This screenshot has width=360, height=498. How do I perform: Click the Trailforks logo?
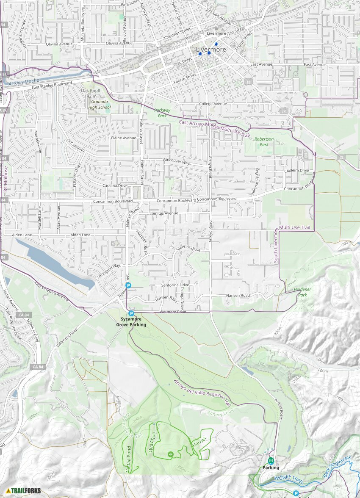click(23, 491)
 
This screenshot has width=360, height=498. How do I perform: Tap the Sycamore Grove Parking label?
click(131, 322)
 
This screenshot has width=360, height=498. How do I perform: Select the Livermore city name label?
click(211, 50)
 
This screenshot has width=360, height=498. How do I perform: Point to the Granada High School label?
click(99, 105)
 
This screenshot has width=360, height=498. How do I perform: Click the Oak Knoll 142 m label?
click(91, 94)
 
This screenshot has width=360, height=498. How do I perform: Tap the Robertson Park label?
click(264, 142)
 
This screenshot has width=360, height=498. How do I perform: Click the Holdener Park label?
click(302, 292)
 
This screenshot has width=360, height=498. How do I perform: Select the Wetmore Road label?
click(173, 312)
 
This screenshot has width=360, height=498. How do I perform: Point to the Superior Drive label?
click(188, 249)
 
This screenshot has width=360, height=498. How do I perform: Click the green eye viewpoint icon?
click(171, 454)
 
